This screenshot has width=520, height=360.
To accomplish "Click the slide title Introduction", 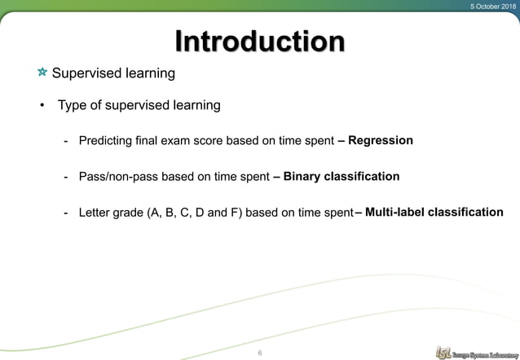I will (x=260, y=42).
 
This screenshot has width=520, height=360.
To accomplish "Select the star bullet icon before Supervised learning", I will (x=42, y=74).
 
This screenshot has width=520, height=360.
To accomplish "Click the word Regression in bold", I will (x=380, y=141).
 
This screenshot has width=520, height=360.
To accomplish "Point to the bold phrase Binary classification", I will (x=341, y=177).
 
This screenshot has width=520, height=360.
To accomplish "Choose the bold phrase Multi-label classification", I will (x=434, y=213).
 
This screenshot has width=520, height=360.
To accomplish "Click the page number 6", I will (x=259, y=352).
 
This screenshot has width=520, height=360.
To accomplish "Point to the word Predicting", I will (x=105, y=141).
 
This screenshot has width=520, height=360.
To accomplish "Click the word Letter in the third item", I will (x=95, y=213).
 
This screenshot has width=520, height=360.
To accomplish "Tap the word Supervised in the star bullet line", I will (x=83, y=74).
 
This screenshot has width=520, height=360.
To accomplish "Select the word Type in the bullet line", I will (x=72, y=105).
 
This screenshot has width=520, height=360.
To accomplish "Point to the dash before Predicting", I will (x=65, y=141).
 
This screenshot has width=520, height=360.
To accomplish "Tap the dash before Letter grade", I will (x=65, y=213).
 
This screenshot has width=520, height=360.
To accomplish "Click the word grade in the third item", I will (x=129, y=213).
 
